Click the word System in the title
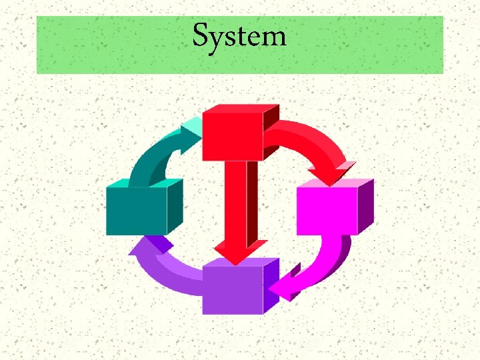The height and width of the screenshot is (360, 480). [x=239, y=36]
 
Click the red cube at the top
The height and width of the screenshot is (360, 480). [x=232, y=135]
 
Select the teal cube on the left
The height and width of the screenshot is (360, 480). [x=137, y=211]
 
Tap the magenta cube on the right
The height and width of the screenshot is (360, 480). [x=327, y=211]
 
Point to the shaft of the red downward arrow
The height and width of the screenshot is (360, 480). [x=235, y=200]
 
